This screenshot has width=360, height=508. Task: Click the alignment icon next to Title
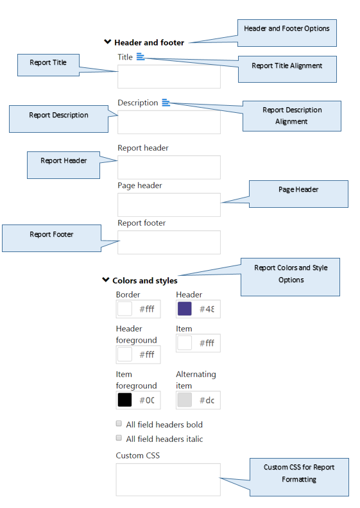(x=141, y=56)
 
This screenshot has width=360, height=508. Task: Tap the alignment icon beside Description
(x=166, y=103)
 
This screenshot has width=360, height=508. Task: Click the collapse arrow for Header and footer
(x=108, y=42)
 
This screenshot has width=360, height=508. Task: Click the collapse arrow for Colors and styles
(x=106, y=280)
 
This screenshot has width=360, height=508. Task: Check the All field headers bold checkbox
(x=119, y=423)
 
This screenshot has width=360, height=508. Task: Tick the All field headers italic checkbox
(x=119, y=438)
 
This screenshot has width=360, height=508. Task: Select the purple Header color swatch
(x=185, y=309)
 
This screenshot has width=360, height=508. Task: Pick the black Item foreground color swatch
(x=124, y=400)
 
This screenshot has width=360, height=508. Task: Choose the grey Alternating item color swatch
(x=185, y=400)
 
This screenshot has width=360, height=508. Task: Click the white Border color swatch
(x=124, y=309)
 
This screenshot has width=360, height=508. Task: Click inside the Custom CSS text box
(x=168, y=480)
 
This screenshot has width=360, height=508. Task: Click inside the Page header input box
(x=169, y=205)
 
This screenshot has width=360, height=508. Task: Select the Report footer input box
(x=169, y=242)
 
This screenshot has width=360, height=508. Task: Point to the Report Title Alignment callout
(x=287, y=69)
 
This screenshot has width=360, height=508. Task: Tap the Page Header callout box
(x=298, y=194)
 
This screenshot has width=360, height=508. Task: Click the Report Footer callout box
(x=51, y=238)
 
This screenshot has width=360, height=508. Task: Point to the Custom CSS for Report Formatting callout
(x=299, y=477)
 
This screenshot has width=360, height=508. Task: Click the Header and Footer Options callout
(x=287, y=33)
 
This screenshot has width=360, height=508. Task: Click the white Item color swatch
(x=185, y=343)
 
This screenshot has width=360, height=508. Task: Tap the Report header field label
(x=143, y=148)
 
